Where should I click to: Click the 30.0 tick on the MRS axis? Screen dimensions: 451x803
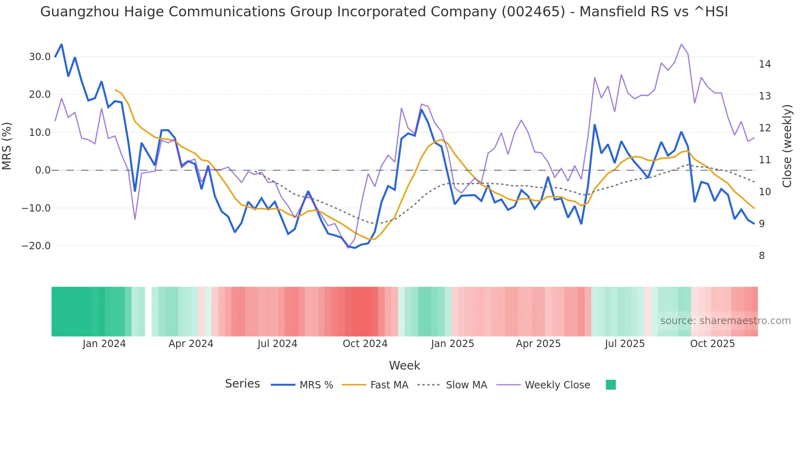[x=39, y=57]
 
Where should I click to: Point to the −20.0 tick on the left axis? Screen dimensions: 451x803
[x=36, y=246]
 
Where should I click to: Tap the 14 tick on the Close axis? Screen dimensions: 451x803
[x=764, y=64]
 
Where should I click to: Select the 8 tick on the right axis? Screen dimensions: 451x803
[x=762, y=256]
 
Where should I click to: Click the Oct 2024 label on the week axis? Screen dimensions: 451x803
[x=365, y=344]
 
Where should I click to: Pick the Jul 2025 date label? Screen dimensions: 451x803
[x=624, y=344]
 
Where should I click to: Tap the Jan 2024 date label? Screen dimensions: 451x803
[x=104, y=344]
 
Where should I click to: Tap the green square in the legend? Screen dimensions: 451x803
[x=610, y=385]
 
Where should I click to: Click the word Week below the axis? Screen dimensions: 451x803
[x=404, y=365]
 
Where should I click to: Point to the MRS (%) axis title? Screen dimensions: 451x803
[x=7, y=146]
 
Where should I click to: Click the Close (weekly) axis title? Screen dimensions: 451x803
[x=787, y=146]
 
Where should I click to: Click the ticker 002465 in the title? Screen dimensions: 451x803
[x=533, y=12]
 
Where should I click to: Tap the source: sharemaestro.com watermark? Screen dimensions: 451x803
[x=725, y=321]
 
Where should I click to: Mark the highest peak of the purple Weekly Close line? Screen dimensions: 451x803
[x=681, y=44]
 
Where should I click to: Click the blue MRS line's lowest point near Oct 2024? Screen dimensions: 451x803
[x=355, y=248]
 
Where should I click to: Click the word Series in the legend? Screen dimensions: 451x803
[x=242, y=384]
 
